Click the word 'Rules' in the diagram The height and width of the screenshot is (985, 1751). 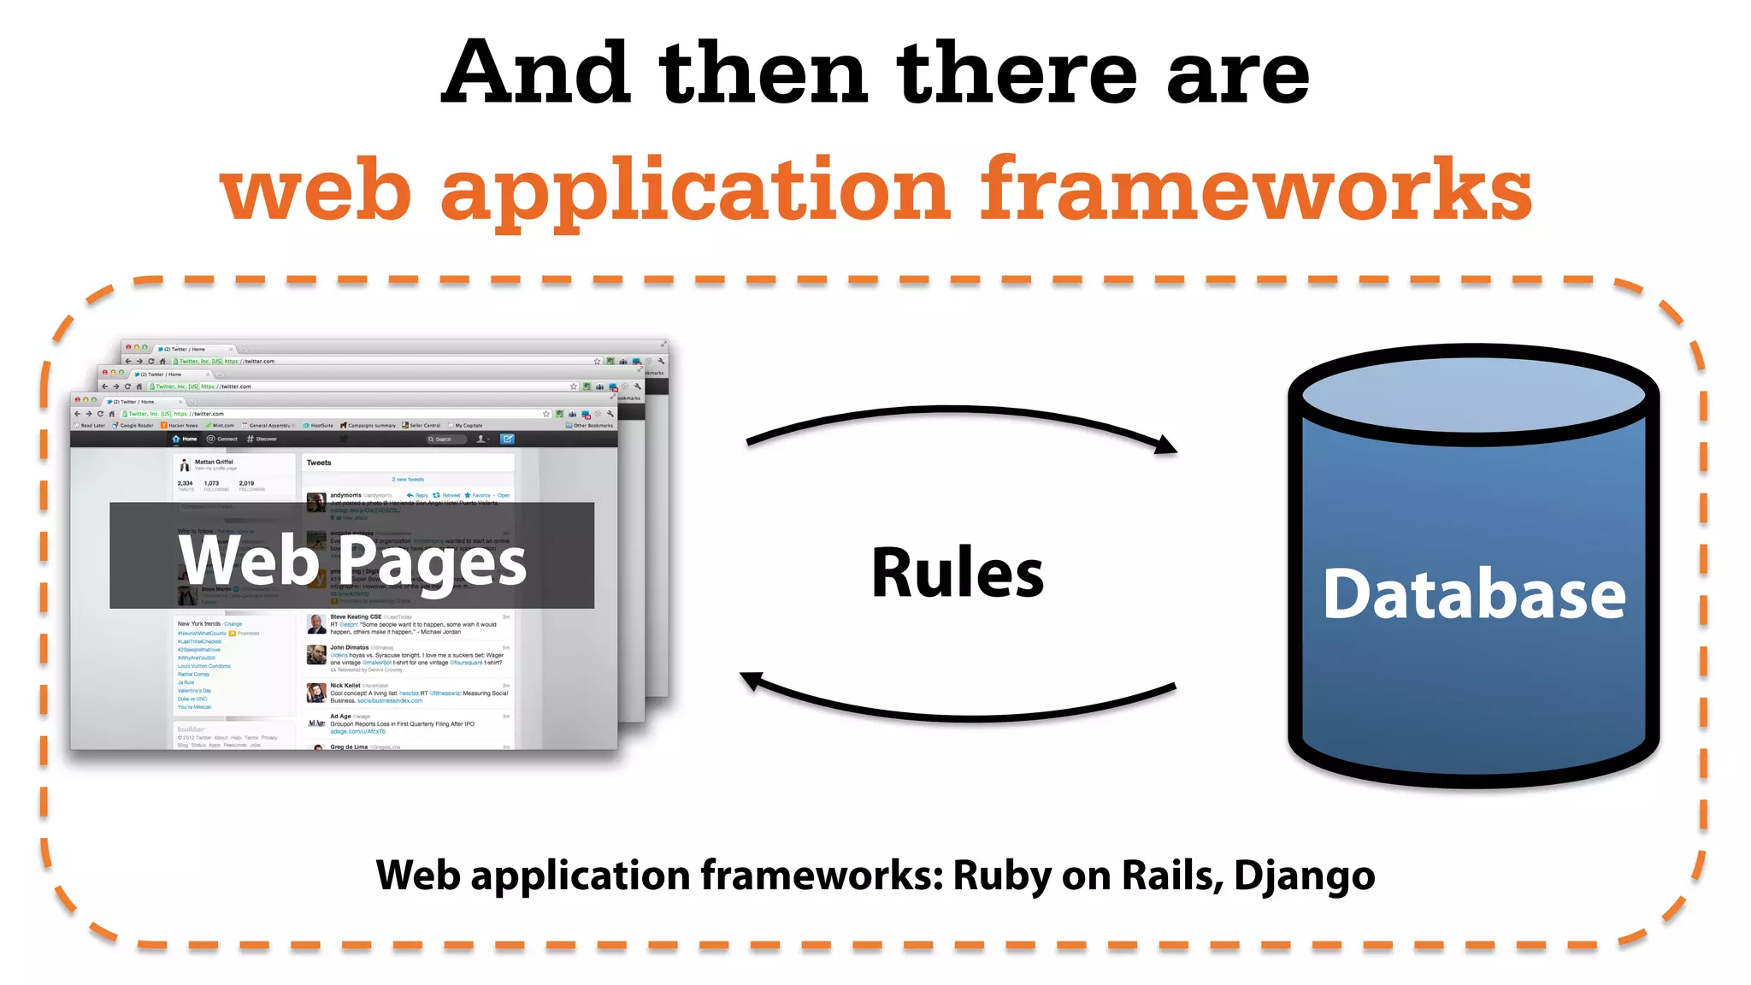click(957, 574)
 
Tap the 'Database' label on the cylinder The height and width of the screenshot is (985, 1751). click(1473, 594)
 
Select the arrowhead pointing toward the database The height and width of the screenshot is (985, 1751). click(1164, 445)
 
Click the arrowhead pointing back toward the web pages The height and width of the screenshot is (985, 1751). click(752, 681)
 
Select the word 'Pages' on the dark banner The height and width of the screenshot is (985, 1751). click(437, 563)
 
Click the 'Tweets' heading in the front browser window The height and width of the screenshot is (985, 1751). click(319, 463)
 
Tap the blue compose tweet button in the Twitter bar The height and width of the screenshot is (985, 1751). click(507, 439)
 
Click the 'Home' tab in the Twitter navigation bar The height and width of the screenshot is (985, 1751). click(186, 439)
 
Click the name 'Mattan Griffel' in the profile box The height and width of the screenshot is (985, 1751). click(214, 462)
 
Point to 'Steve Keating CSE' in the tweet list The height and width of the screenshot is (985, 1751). click(356, 616)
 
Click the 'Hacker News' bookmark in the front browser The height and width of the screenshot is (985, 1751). click(181, 425)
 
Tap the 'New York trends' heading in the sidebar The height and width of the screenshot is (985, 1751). click(200, 623)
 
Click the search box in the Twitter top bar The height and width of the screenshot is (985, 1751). click(446, 439)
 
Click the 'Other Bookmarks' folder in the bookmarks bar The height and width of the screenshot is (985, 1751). click(591, 425)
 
